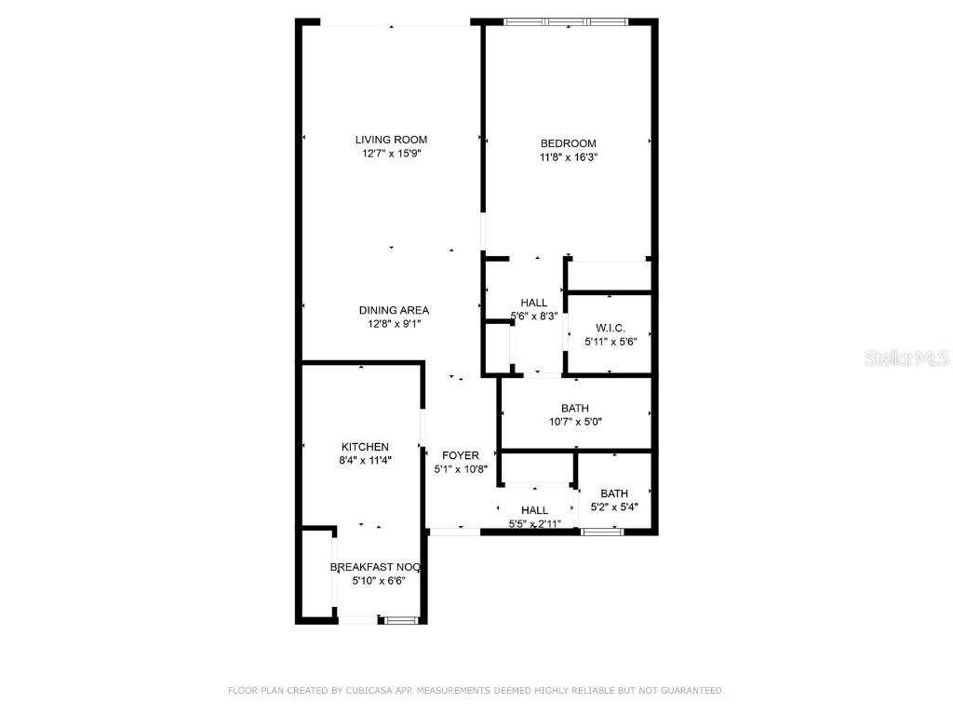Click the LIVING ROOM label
[x=391, y=140]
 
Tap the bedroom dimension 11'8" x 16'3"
[x=568, y=157]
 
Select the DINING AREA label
[x=394, y=310]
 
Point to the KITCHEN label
[x=365, y=447]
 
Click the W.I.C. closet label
[x=610, y=328]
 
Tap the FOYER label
[x=460, y=455]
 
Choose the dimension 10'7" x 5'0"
[x=575, y=422]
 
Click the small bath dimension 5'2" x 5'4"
[x=613, y=507]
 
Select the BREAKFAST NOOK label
[x=377, y=566]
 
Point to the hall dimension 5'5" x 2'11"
[x=534, y=524]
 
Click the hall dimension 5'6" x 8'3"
[x=534, y=316]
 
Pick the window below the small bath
[x=601, y=532]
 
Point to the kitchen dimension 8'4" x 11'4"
[x=365, y=460]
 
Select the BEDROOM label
[x=568, y=143]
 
